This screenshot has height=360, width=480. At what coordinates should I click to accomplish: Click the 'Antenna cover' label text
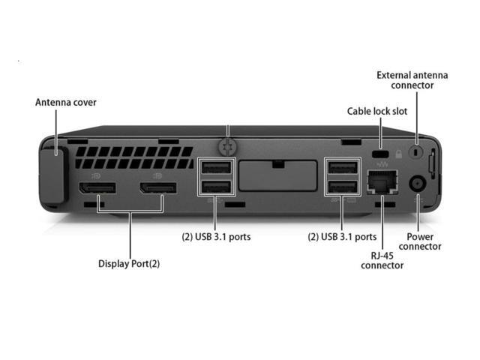tap(66, 102)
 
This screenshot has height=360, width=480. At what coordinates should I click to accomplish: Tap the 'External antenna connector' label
tap(412, 80)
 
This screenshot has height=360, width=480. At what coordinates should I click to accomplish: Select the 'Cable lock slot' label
tap(376, 111)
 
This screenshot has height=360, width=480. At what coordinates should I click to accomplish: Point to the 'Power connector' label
tap(419, 241)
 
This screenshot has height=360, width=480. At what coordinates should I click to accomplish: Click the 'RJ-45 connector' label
tap(382, 260)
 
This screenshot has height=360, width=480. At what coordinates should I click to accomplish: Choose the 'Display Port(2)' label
tap(129, 264)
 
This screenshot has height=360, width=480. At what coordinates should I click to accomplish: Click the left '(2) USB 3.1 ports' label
tap(216, 237)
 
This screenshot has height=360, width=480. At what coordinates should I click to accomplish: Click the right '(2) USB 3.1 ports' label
tap(342, 237)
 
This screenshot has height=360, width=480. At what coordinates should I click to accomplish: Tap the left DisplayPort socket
tap(94, 187)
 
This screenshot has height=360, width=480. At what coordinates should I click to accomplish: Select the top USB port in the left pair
tap(216, 169)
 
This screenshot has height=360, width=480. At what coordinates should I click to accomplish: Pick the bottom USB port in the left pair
tap(216, 187)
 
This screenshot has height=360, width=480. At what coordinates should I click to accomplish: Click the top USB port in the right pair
tap(342, 169)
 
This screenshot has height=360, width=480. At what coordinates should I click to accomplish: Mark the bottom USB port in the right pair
tap(342, 187)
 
